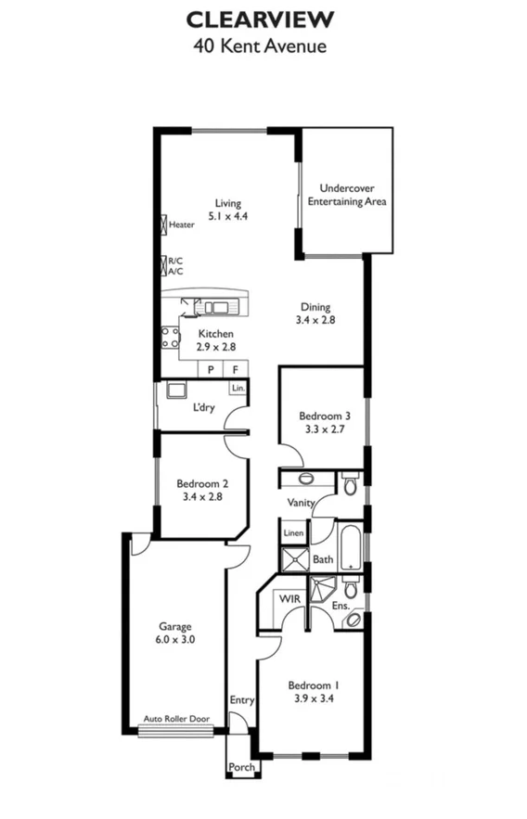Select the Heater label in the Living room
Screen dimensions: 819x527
pyautogui.click(x=181, y=224)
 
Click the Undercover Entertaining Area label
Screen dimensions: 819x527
pyautogui.click(x=346, y=195)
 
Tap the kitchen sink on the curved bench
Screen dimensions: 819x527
pyautogui.click(x=216, y=307)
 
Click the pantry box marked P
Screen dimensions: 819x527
pyautogui.click(x=212, y=369)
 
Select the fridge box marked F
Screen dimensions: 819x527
pyautogui.click(x=235, y=369)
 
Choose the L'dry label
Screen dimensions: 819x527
pyautogui.click(x=204, y=407)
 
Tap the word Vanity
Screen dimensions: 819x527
pyautogui.click(x=301, y=503)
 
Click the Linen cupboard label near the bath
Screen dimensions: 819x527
pyautogui.click(x=293, y=533)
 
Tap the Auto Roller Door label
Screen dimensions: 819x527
pyautogui.click(x=175, y=719)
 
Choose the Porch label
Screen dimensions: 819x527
pyautogui.click(x=241, y=767)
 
